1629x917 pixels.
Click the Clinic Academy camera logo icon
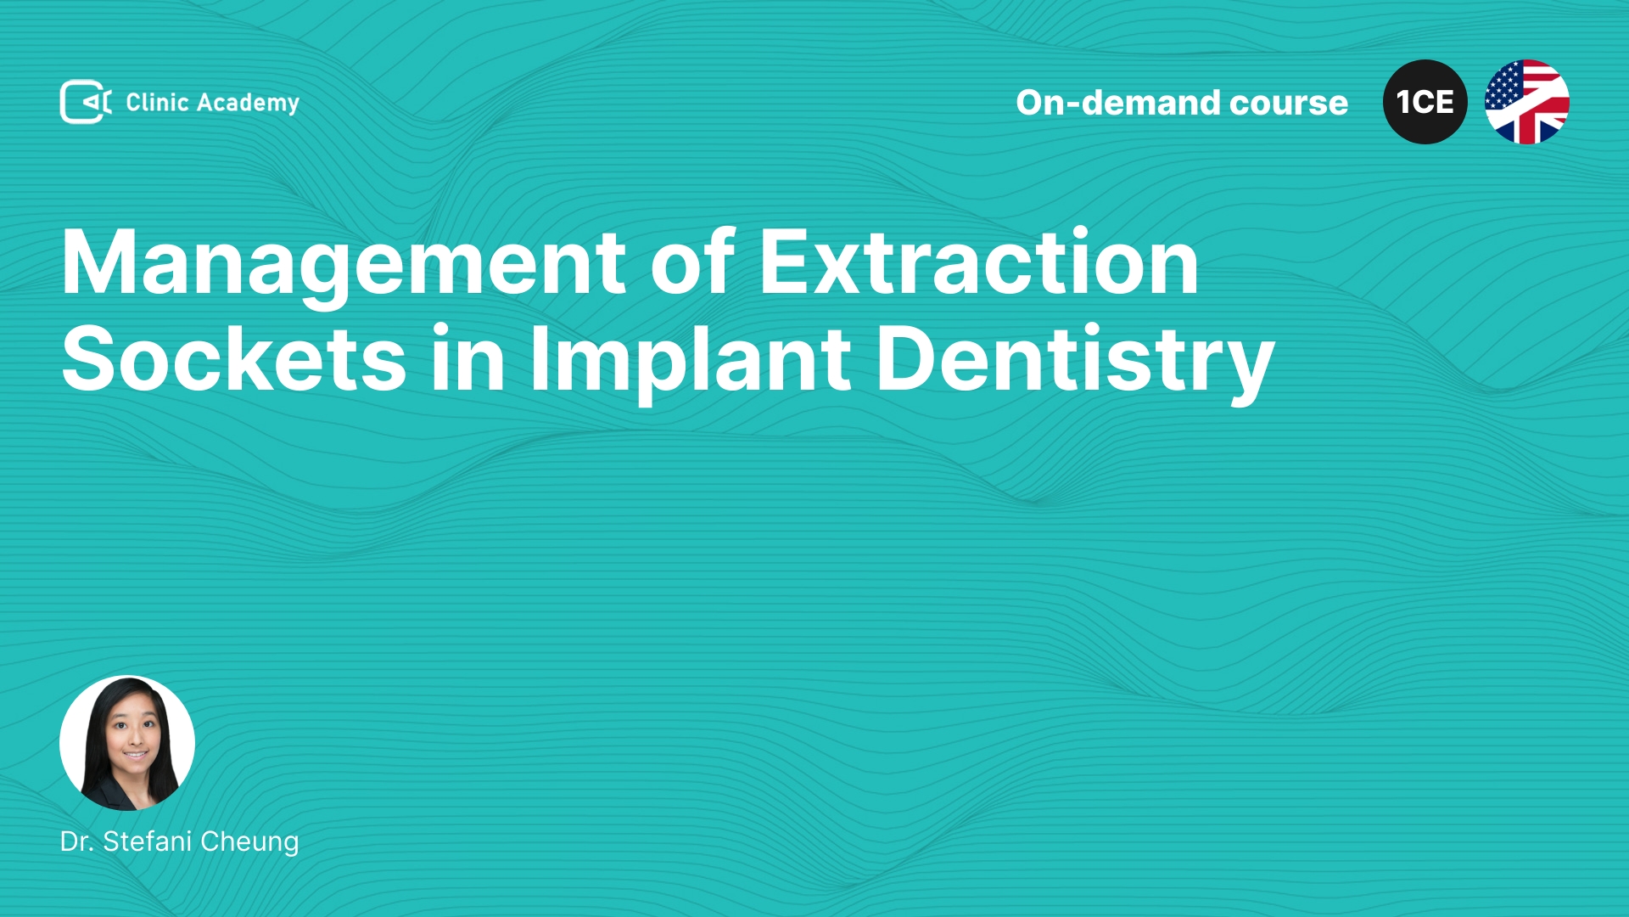pyautogui.click(x=86, y=102)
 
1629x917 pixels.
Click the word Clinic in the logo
pyautogui.click(x=157, y=102)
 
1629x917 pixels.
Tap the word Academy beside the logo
pyautogui.click(x=248, y=104)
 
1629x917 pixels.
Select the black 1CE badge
pyautogui.click(x=1425, y=102)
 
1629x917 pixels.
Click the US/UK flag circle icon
pyautogui.click(x=1527, y=102)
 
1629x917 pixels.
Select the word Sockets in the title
pyautogui.click(x=234, y=358)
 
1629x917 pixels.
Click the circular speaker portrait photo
pyautogui.click(x=127, y=743)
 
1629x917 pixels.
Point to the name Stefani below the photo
pyautogui.click(x=148, y=841)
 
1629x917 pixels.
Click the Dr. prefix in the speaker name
pyautogui.click(x=77, y=841)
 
